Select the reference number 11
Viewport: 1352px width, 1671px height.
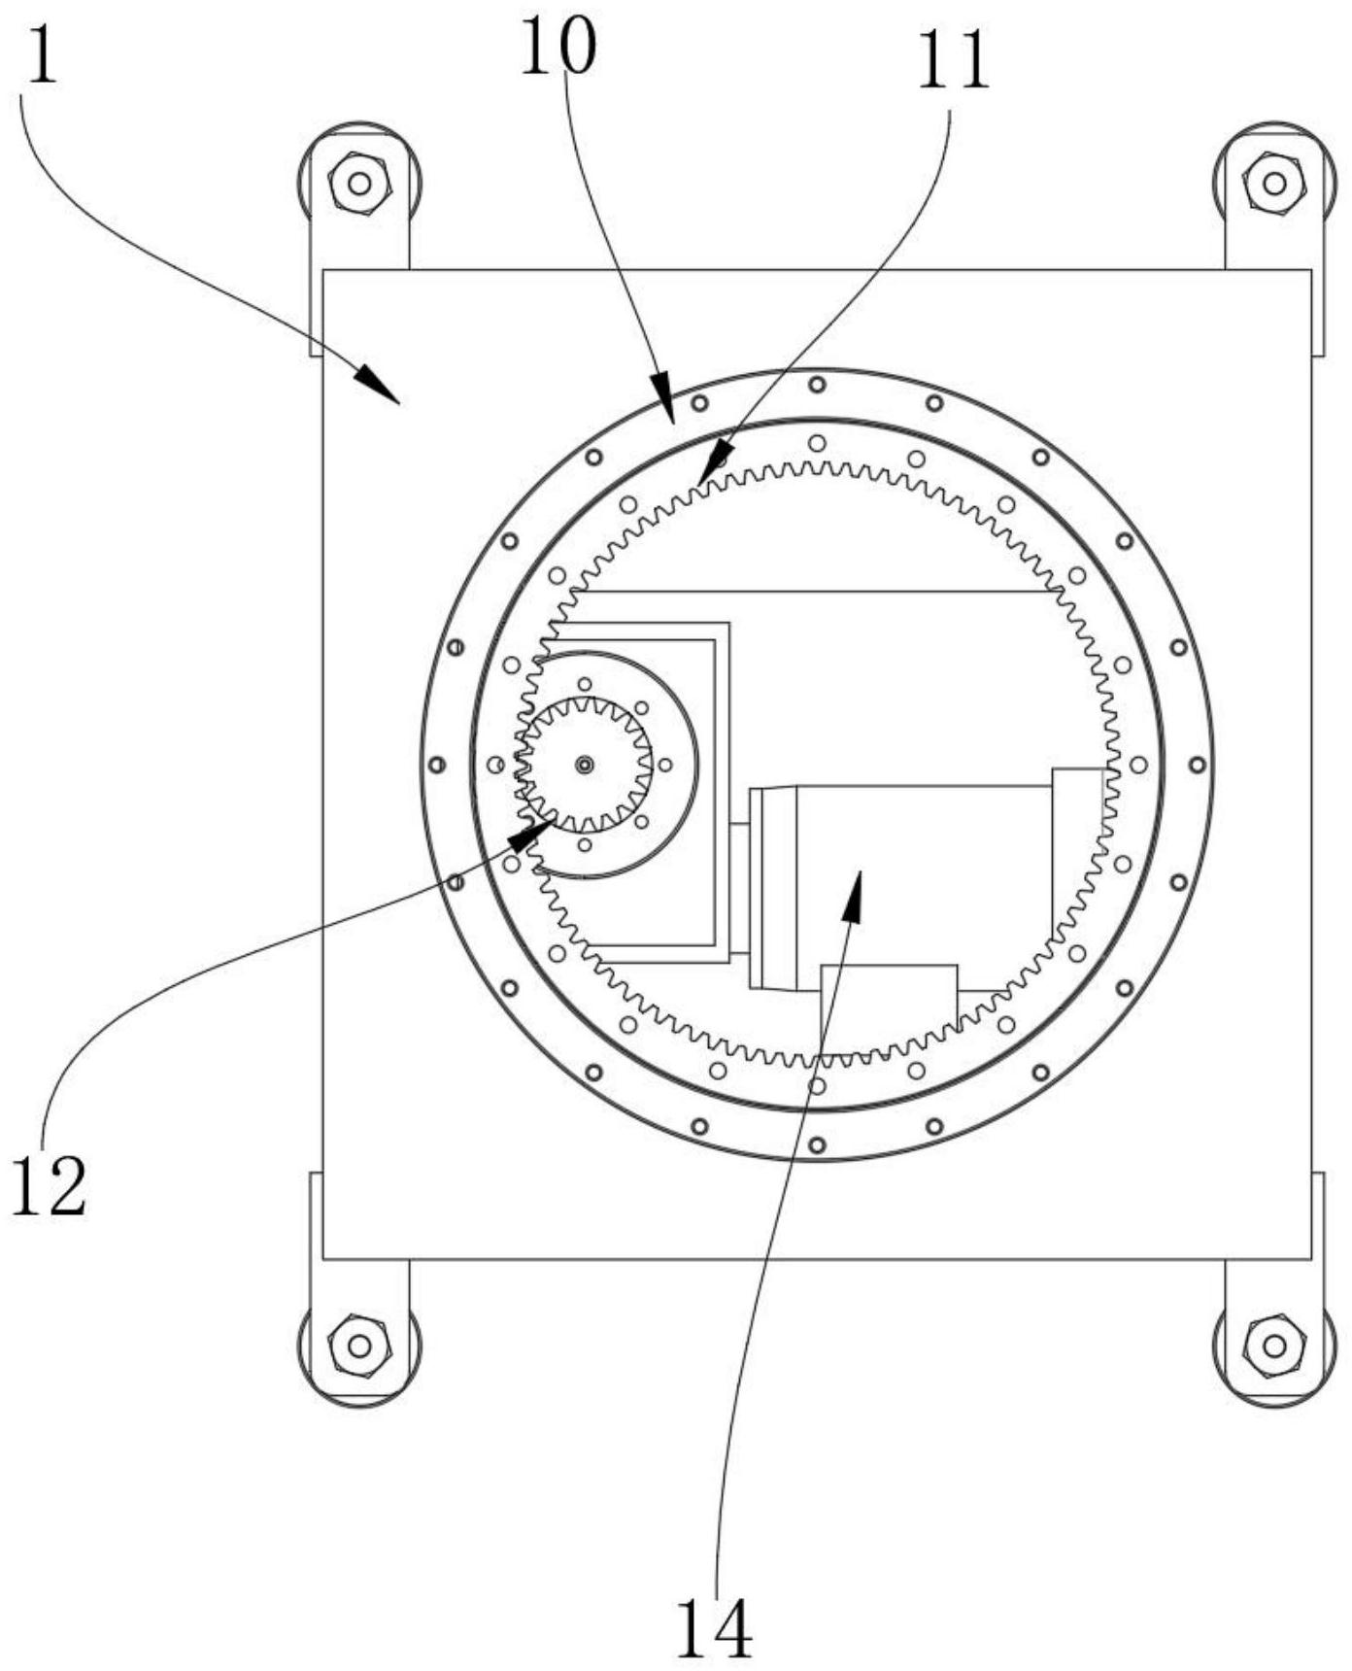coord(953,60)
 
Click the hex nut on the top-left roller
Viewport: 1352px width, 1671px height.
coord(359,182)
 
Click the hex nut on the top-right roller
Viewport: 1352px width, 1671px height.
coord(1274,182)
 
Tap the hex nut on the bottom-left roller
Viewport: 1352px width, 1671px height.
coord(359,1346)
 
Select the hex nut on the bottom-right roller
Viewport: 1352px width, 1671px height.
coord(1274,1346)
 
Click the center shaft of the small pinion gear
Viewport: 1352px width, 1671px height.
coord(584,765)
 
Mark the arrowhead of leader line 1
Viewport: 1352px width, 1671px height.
coord(378,385)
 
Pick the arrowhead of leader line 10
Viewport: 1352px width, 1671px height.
coord(663,401)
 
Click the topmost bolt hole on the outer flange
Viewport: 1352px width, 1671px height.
coord(817,384)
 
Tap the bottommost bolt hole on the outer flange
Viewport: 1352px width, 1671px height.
coord(817,1145)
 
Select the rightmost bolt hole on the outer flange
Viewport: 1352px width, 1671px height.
coord(1198,765)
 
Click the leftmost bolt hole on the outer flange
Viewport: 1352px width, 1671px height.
coord(436,765)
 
